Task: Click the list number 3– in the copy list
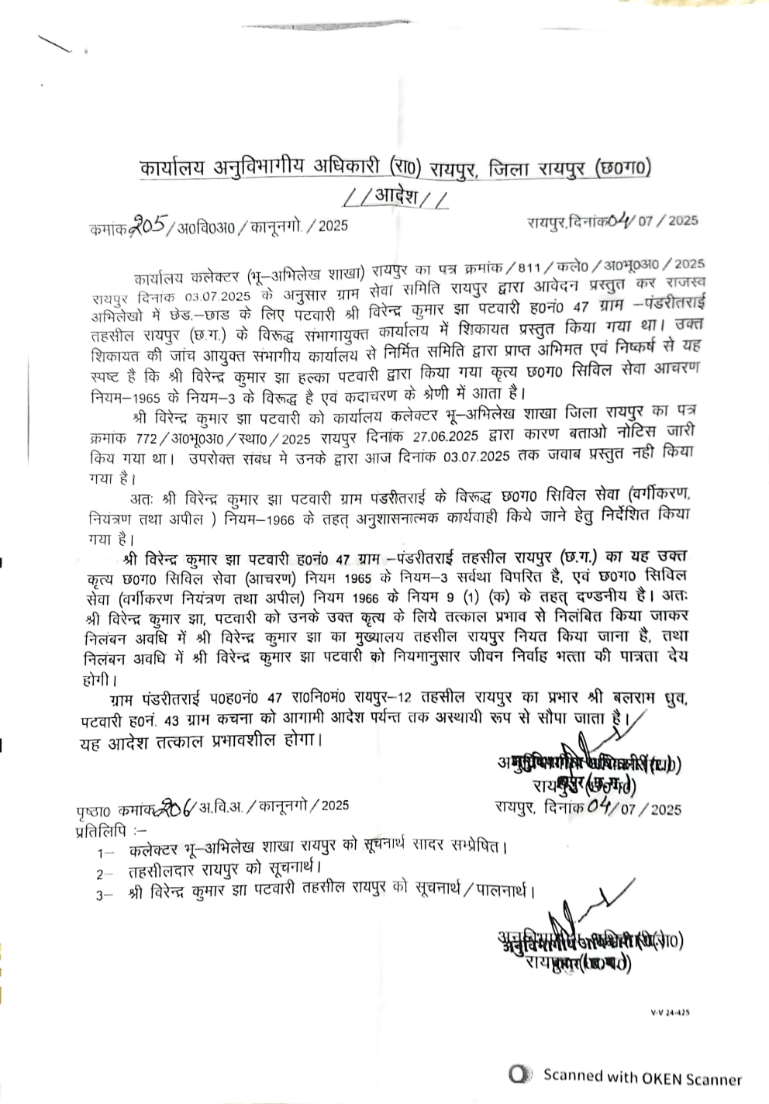click(105, 895)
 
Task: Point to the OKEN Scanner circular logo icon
click(520, 1075)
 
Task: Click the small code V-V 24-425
click(670, 1013)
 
